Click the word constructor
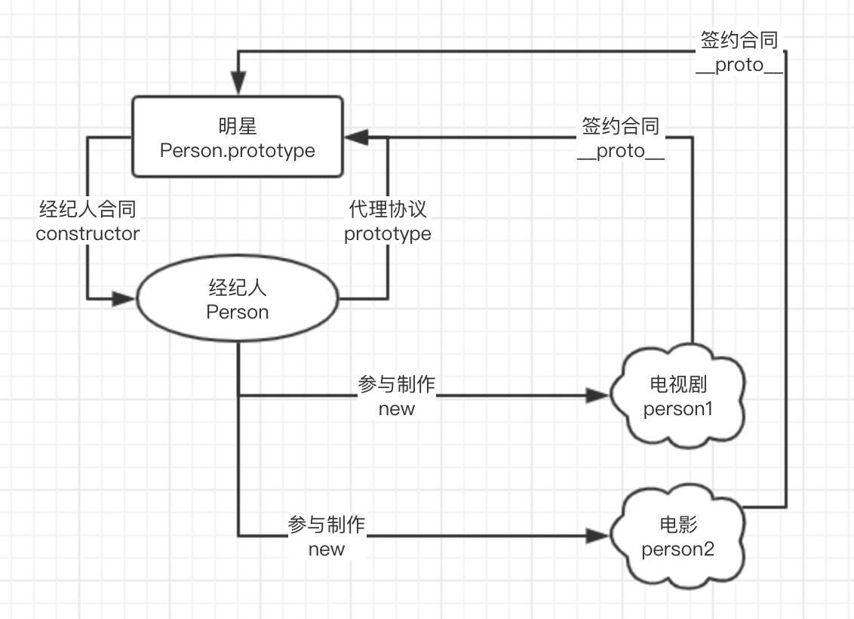(x=88, y=234)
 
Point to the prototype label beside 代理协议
(x=388, y=234)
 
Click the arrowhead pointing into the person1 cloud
(x=597, y=396)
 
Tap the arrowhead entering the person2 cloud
(x=597, y=536)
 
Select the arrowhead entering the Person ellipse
(x=124, y=299)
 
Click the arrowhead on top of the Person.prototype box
(x=238, y=83)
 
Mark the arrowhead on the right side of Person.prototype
(x=356, y=137)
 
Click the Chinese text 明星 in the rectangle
(x=238, y=126)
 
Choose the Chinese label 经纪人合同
(x=88, y=208)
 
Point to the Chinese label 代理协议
(x=388, y=208)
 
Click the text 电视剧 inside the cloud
(x=678, y=384)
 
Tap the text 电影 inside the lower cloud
(x=678, y=525)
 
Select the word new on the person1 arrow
(x=397, y=408)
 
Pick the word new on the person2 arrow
(x=326, y=550)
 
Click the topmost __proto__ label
(x=739, y=66)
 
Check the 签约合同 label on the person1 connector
(x=621, y=126)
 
